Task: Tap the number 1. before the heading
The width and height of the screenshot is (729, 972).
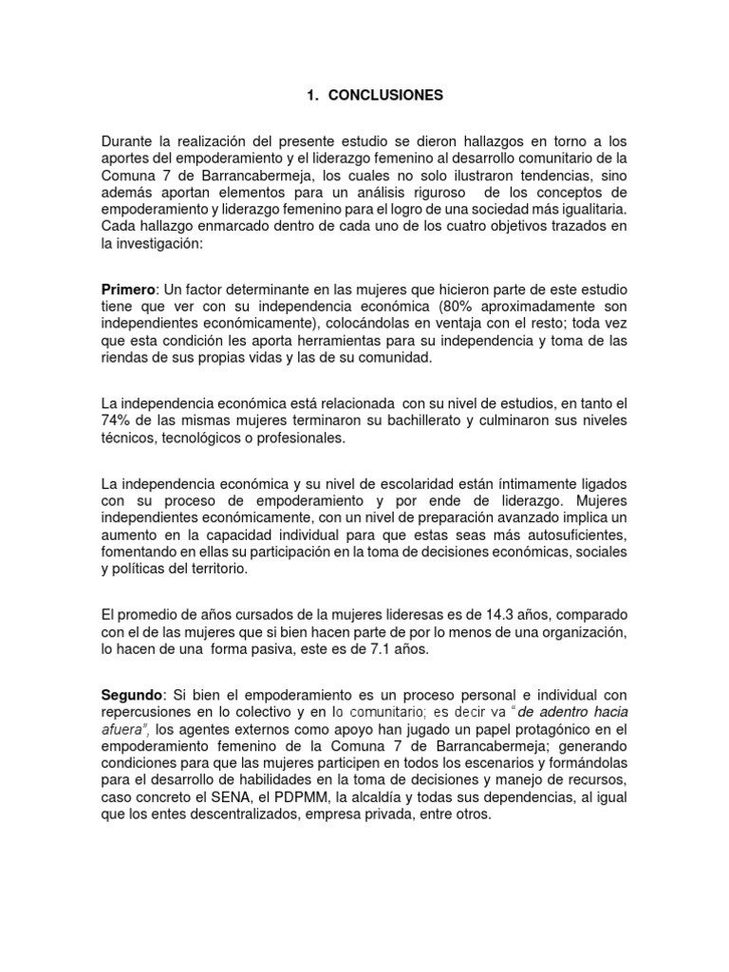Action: (x=311, y=95)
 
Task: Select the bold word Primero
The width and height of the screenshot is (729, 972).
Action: (x=130, y=289)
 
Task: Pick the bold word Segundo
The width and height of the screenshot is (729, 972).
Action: (x=133, y=695)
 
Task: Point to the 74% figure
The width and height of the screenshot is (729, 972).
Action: (x=118, y=421)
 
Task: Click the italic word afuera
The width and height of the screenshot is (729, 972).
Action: (x=125, y=729)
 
